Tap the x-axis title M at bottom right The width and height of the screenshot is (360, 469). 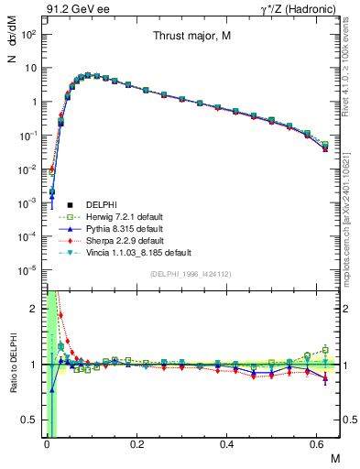[334, 457]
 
